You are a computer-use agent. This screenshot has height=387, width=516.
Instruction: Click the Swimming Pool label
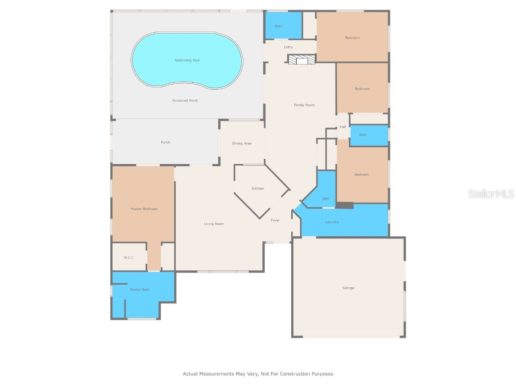(186, 60)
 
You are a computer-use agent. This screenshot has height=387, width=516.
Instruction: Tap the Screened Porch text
(185, 101)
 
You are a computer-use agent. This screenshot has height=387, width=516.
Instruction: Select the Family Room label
(304, 105)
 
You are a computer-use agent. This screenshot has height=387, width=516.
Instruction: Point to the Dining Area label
(242, 144)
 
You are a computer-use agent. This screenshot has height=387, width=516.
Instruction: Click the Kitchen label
(258, 188)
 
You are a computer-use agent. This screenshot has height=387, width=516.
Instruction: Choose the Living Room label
(214, 224)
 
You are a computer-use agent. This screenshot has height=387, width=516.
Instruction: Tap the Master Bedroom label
(144, 209)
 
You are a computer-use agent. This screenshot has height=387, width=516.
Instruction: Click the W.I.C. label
(129, 257)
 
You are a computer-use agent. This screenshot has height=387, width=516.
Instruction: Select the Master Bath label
(140, 290)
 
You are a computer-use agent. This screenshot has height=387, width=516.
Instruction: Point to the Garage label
(348, 288)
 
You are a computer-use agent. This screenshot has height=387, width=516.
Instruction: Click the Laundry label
(332, 222)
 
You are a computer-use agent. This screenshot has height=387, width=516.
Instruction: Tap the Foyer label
(275, 220)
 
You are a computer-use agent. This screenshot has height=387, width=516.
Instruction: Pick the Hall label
(343, 127)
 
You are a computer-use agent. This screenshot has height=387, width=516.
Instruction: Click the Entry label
(288, 47)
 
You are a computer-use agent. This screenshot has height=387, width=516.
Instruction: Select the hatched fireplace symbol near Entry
(301, 60)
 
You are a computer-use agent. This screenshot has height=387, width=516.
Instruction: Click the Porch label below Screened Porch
(165, 143)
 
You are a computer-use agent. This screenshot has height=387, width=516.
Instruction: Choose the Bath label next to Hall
(363, 135)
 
